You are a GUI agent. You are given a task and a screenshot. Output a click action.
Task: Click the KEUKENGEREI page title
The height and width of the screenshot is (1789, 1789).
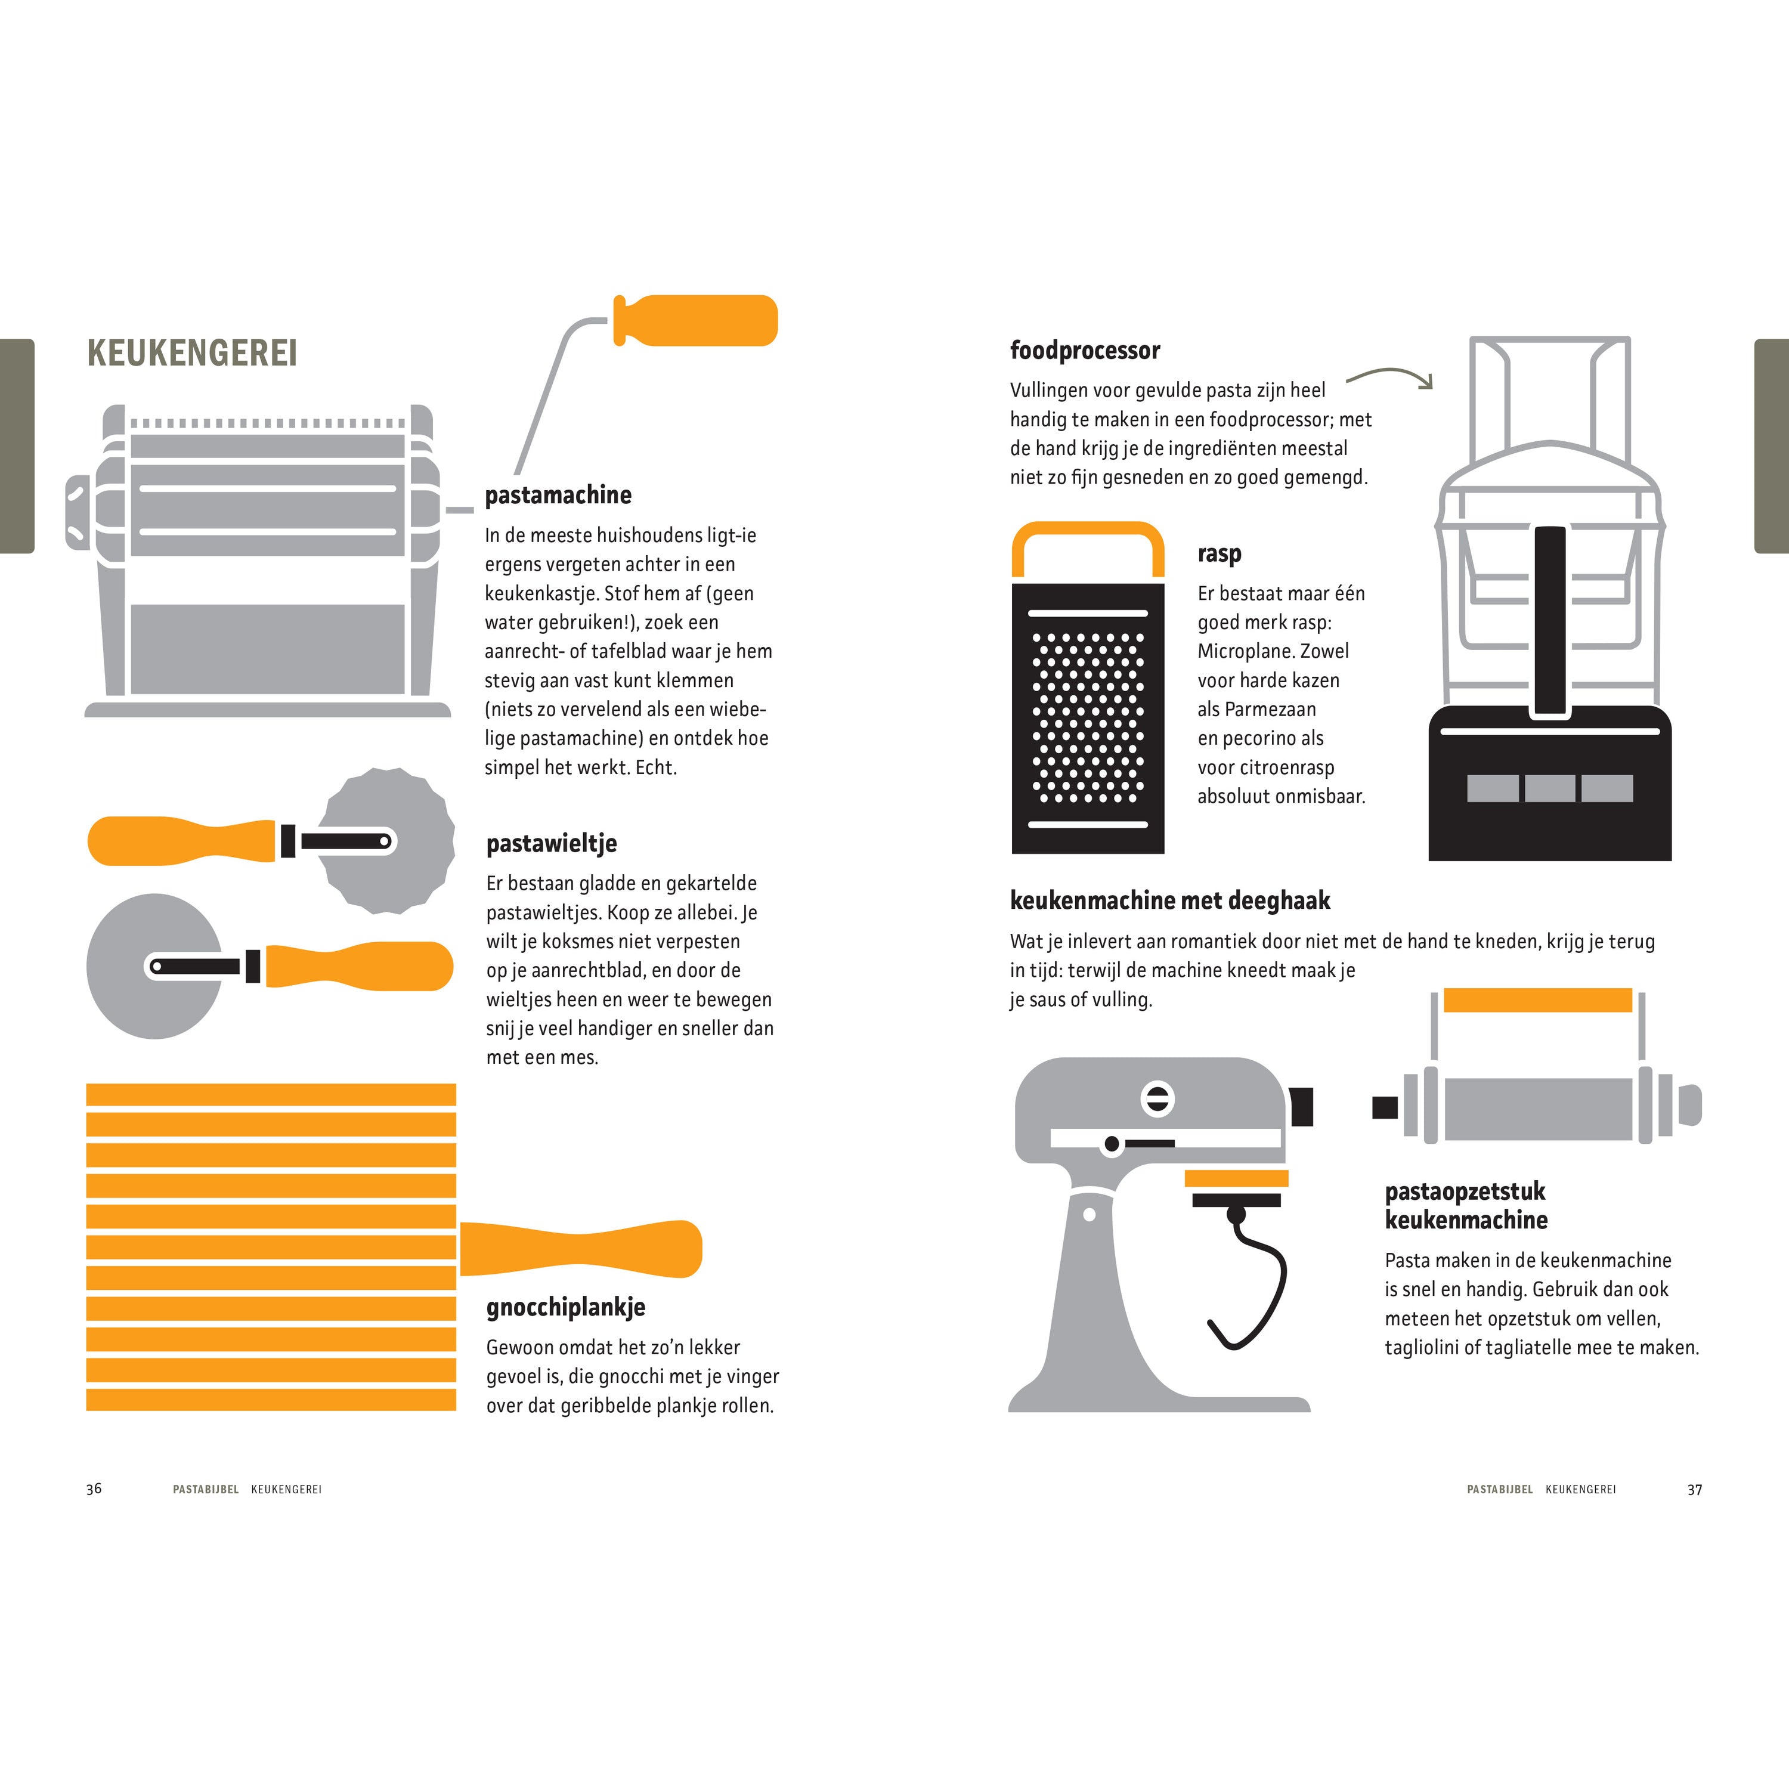pyautogui.click(x=191, y=353)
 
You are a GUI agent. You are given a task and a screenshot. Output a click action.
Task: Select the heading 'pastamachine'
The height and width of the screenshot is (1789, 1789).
pyautogui.click(x=558, y=496)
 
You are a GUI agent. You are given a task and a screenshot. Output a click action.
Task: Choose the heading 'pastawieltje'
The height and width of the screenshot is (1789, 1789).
pyautogui.click(x=551, y=844)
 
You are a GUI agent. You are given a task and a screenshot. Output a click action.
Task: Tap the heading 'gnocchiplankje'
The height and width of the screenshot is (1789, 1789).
pyautogui.click(x=566, y=1308)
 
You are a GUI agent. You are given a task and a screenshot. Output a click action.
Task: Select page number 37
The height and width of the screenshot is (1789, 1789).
pyautogui.click(x=1695, y=1490)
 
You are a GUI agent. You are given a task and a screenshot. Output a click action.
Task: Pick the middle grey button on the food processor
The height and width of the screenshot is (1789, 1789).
pyautogui.click(x=1550, y=788)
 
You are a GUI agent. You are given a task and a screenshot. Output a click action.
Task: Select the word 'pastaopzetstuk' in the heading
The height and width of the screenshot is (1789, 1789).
pyautogui.click(x=1465, y=1191)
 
